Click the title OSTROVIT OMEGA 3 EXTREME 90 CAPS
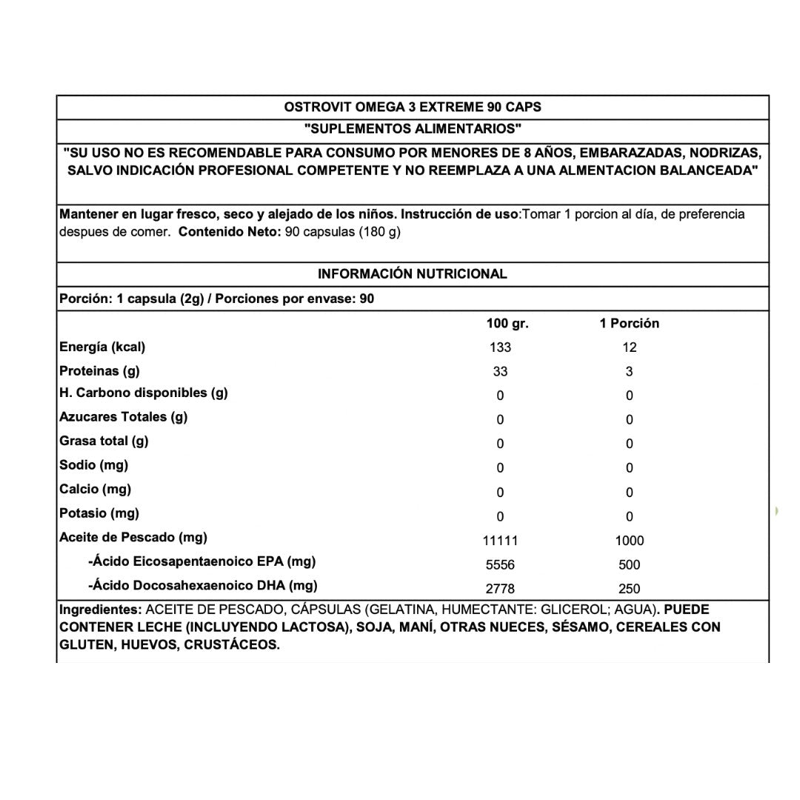(x=413, y=107)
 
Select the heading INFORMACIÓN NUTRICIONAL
(x=413, y=273)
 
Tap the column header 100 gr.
(x=507, y=323)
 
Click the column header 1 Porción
(x=629, y=323)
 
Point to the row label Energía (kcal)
(x=102, y=347)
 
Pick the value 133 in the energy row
(x=501, y=347)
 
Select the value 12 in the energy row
(x=630, y=347)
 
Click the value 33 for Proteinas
(x=501, y=372)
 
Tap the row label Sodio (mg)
(x=93, y=465)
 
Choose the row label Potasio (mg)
(x=99, y=513)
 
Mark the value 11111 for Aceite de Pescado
(x=501, y=541)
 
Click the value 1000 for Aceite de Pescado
(x=630, y=541)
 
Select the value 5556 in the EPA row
(x=501, y=565)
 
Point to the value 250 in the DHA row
(x=630, y=589)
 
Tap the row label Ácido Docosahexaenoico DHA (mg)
(x=203, y=586)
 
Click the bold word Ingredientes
(x=101, y=610)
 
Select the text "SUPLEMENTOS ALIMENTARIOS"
(x=413, y=129)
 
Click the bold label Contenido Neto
(x=230, y=231)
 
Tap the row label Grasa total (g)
(x=104, y=441)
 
